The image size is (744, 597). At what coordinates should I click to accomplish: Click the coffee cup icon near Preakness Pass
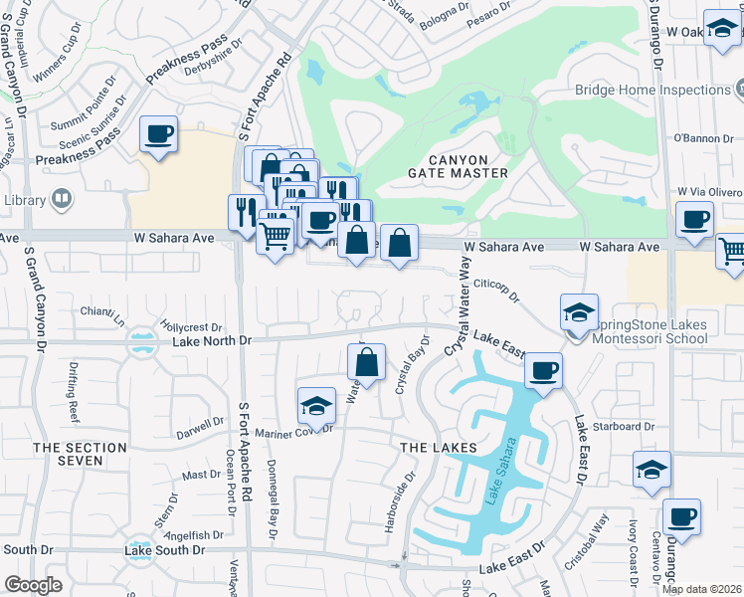(x=158, y=133)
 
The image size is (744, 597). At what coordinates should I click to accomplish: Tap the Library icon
(x=62, y=200)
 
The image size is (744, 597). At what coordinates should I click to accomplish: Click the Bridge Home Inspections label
(x=652, y=90)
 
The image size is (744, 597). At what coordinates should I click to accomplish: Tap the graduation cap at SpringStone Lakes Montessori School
(x=578, y=313)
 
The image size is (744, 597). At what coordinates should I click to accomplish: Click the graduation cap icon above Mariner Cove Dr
(x=316, y=406)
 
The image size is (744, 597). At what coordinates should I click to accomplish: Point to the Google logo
(x=33, y=585)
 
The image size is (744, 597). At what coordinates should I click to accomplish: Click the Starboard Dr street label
(x=628, y=427)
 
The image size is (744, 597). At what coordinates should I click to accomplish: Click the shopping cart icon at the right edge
(x=732, y=251)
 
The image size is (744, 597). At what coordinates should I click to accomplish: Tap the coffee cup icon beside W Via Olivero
(x=694, y=220)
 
